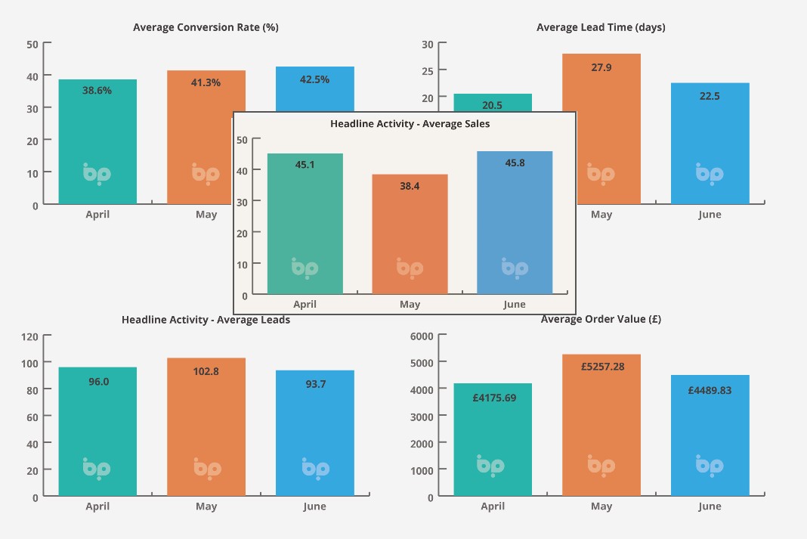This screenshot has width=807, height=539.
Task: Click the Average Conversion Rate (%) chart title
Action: pos(206,27)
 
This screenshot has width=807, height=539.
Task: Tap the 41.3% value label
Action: pos(206,82)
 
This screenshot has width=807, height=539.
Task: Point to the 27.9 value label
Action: pos(601,67)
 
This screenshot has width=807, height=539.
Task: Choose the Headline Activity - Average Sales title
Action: pos(410,123)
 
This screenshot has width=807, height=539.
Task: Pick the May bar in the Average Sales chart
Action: pos(410,234)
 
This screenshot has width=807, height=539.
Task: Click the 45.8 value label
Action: pos(514,162)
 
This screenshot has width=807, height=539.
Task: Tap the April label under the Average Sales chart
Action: pos(305,305)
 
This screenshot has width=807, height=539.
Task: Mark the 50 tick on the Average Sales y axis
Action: pos(243,139)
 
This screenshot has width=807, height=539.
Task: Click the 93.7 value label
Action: pos(315,384)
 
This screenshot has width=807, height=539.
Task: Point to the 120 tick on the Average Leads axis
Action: pos(30,336)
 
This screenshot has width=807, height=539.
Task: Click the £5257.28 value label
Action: pos(601,366)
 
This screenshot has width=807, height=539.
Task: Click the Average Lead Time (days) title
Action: pos(601,27)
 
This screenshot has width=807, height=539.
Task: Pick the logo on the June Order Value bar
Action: pos(710,466)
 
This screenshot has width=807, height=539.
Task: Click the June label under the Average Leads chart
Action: pos(314,506)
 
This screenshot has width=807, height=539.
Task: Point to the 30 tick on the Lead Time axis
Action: pos(427,44)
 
